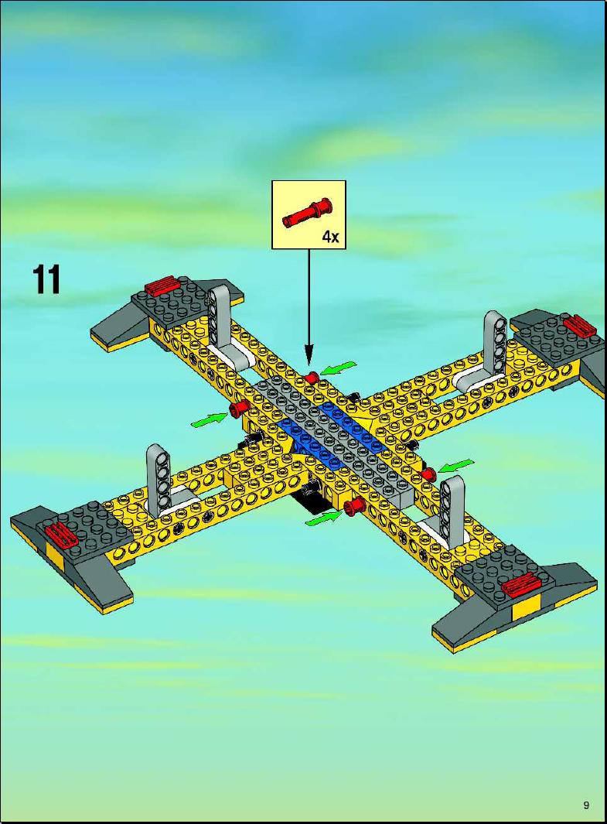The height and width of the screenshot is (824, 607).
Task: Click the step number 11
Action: (x=46, y=279)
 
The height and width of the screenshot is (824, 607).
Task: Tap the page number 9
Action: (x=585, y=805)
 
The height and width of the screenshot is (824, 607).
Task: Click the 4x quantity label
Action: (x=330, y=237)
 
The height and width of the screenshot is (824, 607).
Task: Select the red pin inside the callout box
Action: (x=307, y=213)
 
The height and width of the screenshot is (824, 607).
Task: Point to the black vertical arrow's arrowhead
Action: (x=309, y=357)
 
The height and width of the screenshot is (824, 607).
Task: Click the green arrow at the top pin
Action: (x=338, y=368)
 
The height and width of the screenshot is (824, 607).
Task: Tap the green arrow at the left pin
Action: (x=209, y=419)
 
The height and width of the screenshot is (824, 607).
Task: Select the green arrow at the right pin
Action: (x=456, y=465)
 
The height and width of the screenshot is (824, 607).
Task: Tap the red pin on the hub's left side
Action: (x=239, y=409)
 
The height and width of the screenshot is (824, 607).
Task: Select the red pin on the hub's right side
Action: (x=428, y=474)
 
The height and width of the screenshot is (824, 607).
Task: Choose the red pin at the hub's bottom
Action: (x=354, y=506)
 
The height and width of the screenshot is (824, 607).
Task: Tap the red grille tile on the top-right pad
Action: (x=578, y=326)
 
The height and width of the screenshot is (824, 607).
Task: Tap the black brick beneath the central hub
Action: (x=310, y=502)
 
